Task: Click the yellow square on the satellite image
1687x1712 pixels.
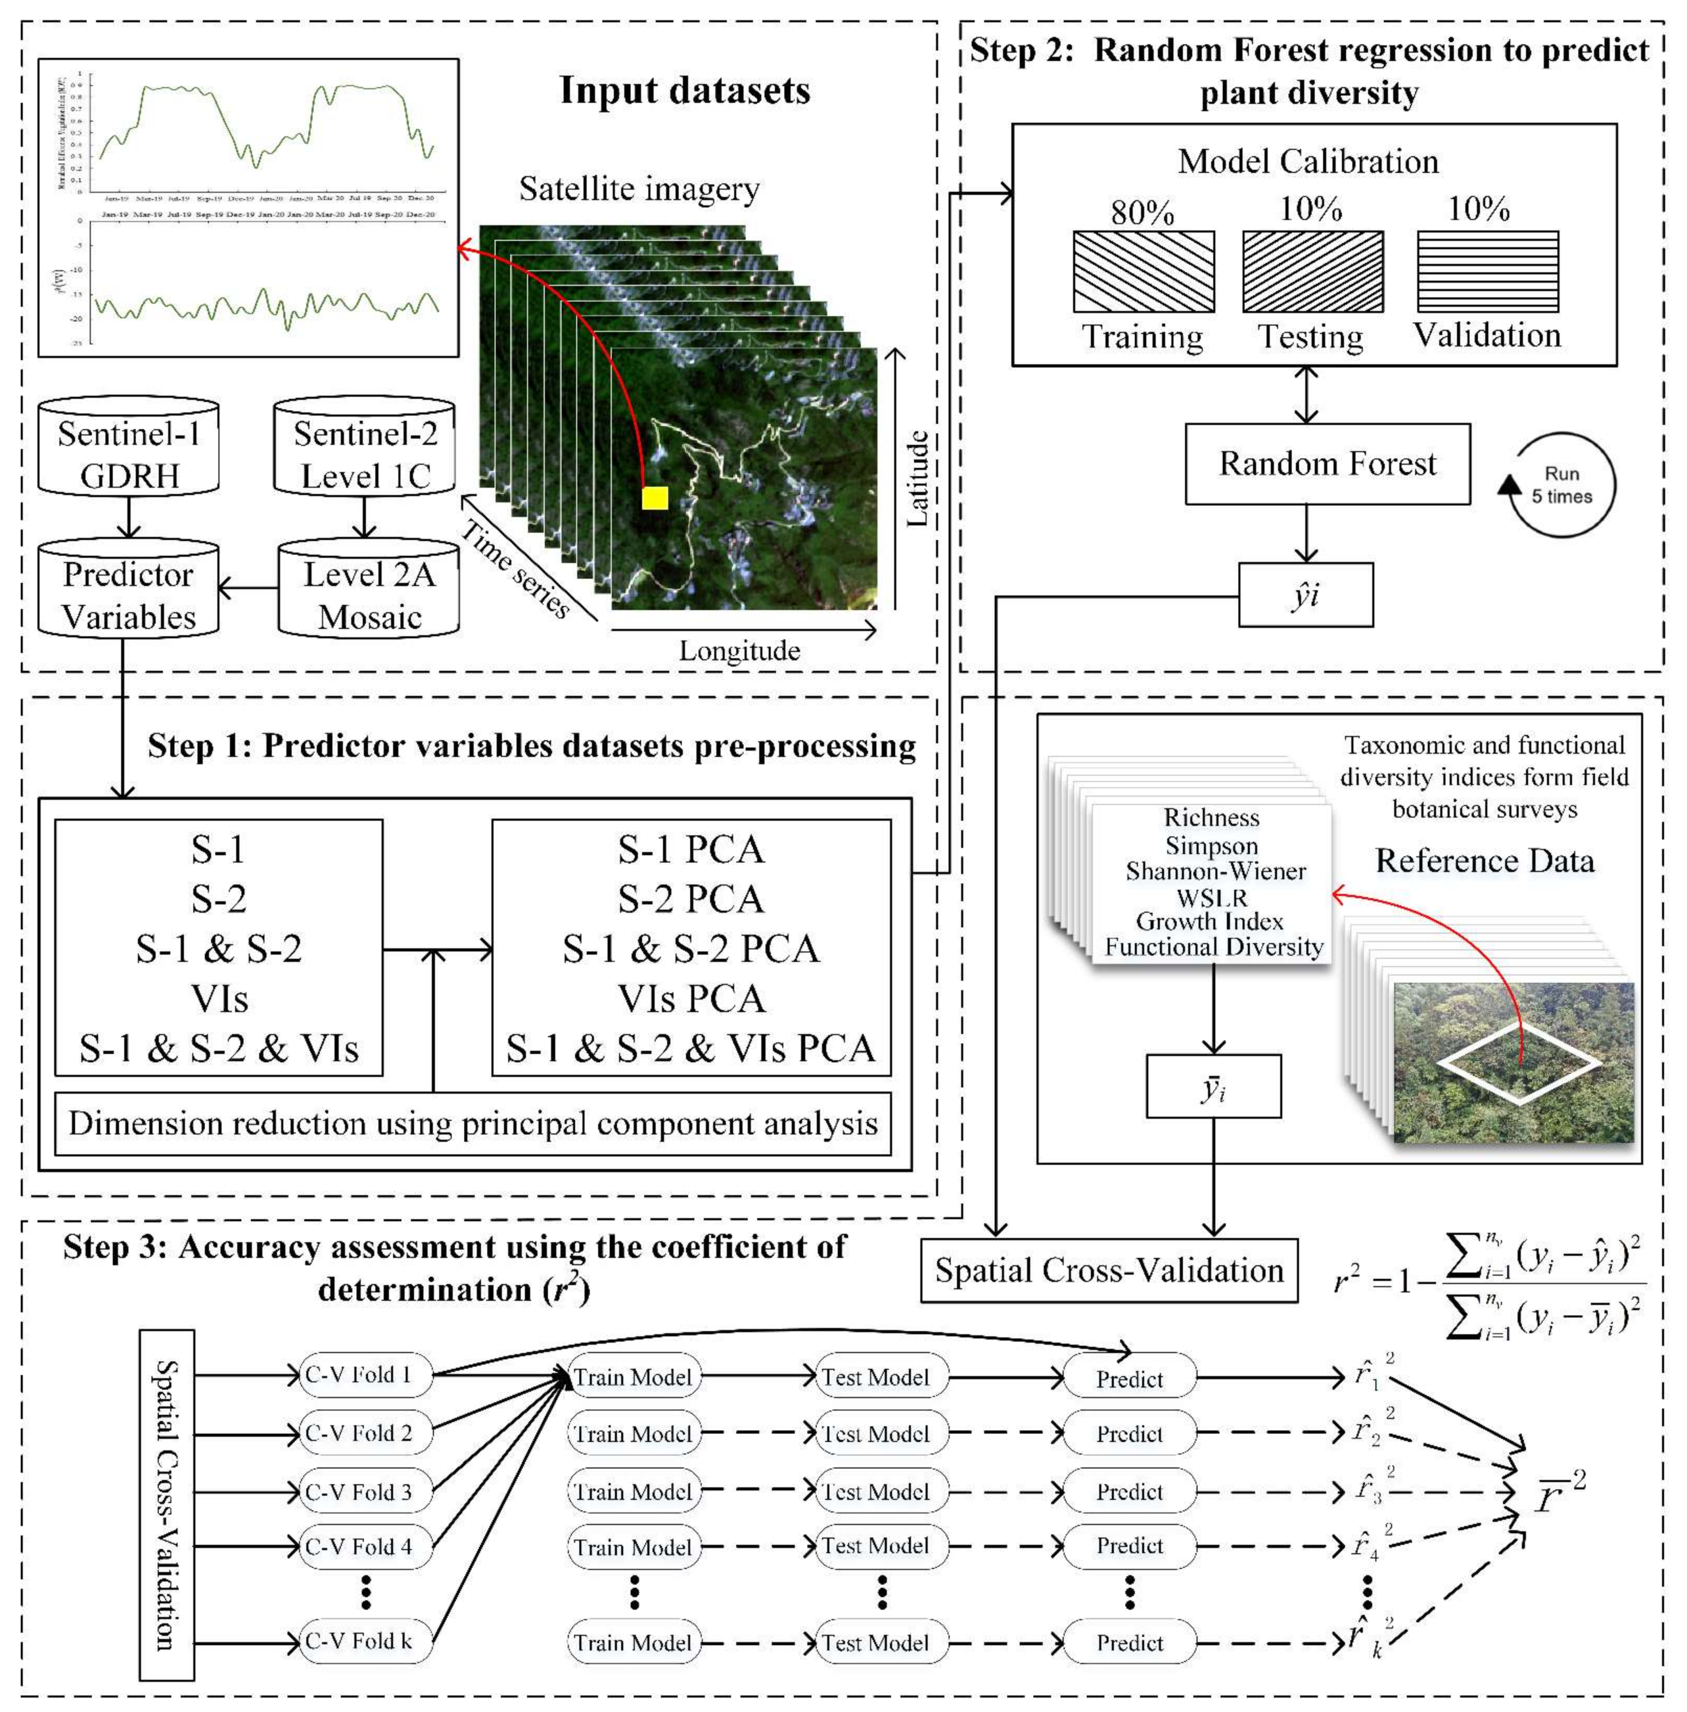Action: [x=655, y=498]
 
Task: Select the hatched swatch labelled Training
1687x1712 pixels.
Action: [x=1143, y=272]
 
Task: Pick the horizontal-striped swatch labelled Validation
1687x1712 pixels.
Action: [x=1488, y=272]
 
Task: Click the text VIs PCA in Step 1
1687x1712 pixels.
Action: [x=691, y=999]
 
